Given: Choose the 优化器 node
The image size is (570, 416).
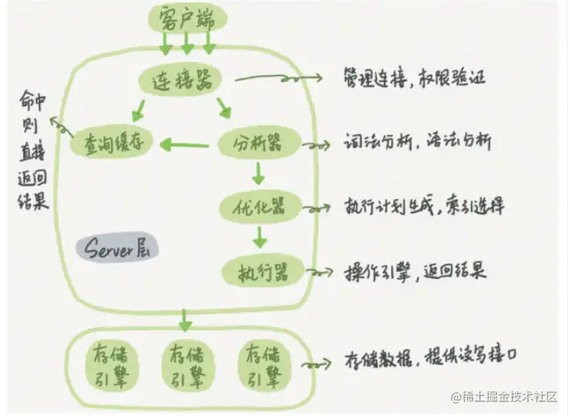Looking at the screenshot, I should point(258,207).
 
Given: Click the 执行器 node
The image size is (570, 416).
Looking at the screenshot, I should point(259,269).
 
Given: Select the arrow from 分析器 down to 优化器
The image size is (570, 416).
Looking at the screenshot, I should point(258,173).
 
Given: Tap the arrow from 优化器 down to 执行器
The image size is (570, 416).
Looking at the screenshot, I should point(258,237).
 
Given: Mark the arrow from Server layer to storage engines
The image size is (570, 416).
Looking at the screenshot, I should point(185,319).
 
